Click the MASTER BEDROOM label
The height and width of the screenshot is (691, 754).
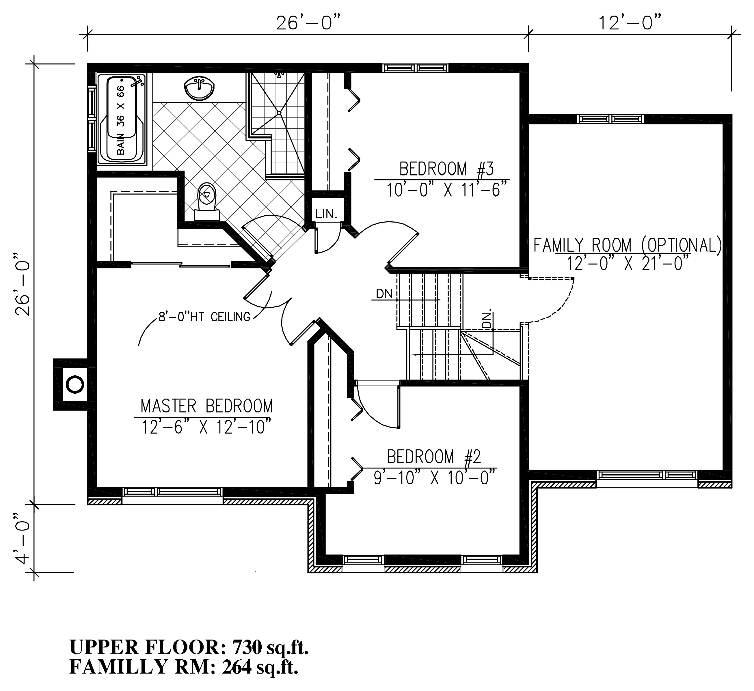(206, 406)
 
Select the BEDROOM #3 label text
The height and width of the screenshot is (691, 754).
(446, 169)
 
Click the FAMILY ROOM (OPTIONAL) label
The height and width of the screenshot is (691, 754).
(627, 246)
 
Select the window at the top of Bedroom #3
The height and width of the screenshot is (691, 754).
(416, 68)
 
